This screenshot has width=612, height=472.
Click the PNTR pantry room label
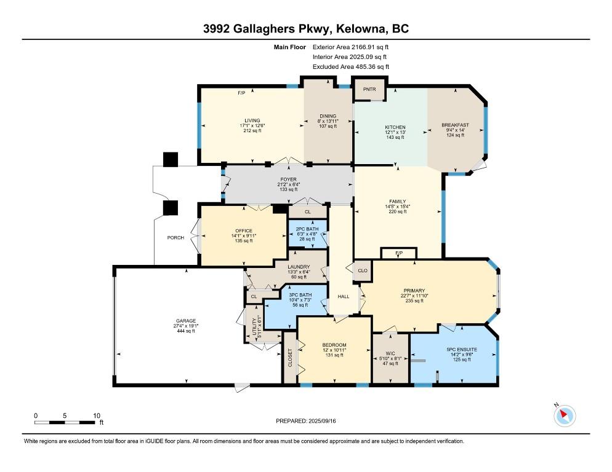(369, 89)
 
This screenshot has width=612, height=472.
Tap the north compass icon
(565, 415)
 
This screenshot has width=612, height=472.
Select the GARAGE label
(186, 321)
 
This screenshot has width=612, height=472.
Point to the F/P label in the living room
(241, 93)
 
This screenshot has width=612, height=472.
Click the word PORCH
(175, 238)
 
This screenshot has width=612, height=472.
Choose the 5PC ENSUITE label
(462, 350)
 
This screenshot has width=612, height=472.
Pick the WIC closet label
(390, 353)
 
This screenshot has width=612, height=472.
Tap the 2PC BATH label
(307, 229)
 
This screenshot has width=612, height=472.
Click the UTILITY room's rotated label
(254, 326)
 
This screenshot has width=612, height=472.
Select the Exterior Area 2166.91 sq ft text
(350, 47)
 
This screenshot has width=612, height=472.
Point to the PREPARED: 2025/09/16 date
(305, 421)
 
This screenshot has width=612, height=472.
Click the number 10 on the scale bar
(97, 415)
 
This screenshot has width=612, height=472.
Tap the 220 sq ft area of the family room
(397, 211)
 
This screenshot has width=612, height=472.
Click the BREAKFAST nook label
(455, 125)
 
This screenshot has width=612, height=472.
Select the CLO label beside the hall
(363, 270)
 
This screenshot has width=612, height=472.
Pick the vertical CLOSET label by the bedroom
(290, 358)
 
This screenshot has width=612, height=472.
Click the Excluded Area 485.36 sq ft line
(351, 66)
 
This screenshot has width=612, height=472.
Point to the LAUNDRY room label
(299, 267)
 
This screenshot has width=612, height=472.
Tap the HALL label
(344, 297)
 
